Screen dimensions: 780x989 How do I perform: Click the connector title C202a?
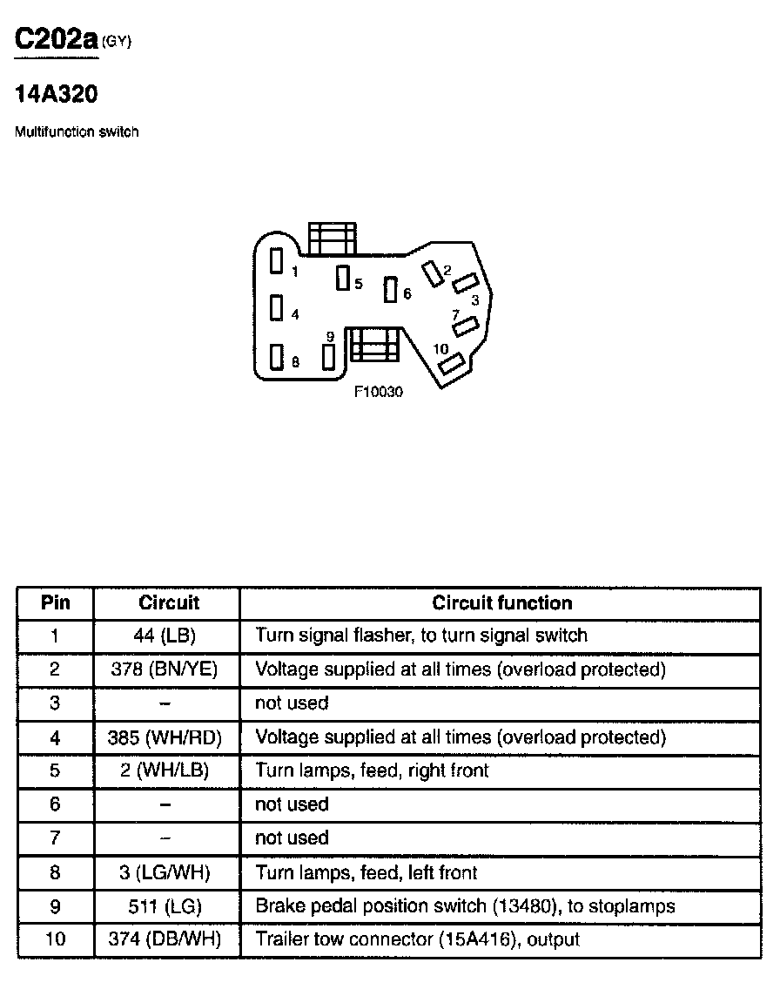(57, 40)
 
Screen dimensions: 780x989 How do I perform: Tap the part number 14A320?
(56, 94)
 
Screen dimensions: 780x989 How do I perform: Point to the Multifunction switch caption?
(77, 131)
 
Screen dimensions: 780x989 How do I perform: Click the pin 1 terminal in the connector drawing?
(276, 261)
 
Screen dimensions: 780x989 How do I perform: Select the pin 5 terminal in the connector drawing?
(343, 279)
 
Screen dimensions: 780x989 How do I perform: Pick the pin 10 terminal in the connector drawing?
(452, 365)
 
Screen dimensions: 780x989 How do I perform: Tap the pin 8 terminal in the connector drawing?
(276, 357)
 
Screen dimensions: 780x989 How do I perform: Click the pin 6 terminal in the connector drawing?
(391, 290)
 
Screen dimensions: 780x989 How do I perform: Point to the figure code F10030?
(379, 392)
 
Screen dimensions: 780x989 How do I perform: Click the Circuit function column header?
(502, 603)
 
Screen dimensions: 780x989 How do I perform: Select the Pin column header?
(56, 602)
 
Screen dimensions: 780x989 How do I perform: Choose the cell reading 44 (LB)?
(165, 636)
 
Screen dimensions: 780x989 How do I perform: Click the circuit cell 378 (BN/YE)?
(165, 669)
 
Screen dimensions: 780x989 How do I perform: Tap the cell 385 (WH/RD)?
(165, 737)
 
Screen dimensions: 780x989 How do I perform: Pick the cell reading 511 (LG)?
(165, 906)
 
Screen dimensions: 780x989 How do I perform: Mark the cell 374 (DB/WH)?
(165, 939)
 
